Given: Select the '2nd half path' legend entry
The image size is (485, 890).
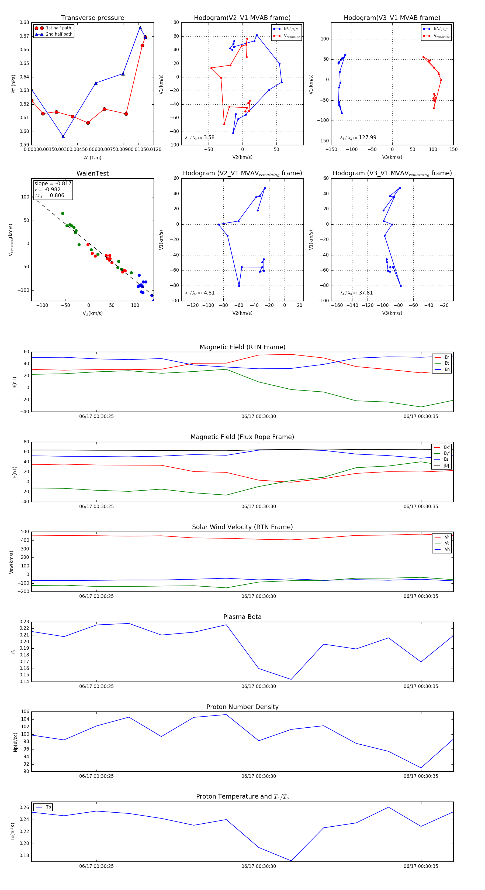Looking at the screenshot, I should click(59, 34).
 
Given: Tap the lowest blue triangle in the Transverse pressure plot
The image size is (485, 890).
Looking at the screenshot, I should click(63, 137).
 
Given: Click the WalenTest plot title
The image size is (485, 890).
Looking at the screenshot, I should click(92, 173).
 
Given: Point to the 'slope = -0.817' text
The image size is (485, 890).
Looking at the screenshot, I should click(53, 183).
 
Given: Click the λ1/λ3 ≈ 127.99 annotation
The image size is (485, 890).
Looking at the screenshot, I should click(358, 138).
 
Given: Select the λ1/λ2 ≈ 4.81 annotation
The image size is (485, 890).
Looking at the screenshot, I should click(199, 293).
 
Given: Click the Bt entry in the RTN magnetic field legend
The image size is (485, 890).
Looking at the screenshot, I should click(446, 363).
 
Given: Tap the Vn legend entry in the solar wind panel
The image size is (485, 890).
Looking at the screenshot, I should click(447, 549).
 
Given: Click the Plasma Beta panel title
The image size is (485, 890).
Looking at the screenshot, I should click(242, 617).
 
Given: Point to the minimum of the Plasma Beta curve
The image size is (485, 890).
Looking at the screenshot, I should click(291, 679).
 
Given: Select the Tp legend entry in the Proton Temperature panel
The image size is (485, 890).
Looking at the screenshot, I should click(48, 807).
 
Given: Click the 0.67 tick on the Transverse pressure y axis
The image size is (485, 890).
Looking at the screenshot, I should click(24, 36).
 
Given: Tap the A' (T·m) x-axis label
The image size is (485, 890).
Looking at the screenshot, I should click(92, 158).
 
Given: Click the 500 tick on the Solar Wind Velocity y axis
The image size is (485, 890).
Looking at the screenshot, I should click(25, 532).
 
